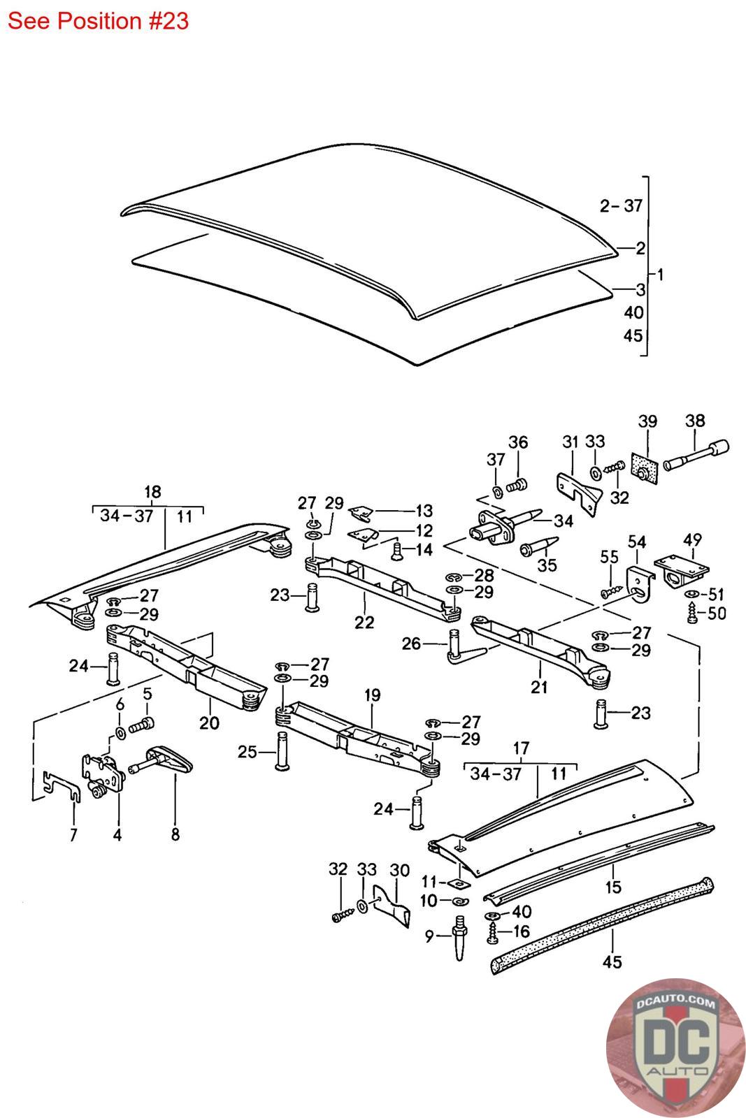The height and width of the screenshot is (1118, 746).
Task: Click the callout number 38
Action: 695,421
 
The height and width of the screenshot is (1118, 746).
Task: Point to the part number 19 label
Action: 372,695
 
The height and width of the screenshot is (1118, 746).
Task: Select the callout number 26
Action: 411,643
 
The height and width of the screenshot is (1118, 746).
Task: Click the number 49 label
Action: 692,540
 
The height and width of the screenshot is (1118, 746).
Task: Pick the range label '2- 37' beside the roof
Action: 621,205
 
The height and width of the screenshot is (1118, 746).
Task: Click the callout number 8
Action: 175,834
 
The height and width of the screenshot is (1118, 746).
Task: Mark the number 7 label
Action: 73,834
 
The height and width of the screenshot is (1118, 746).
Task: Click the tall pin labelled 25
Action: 282,752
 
